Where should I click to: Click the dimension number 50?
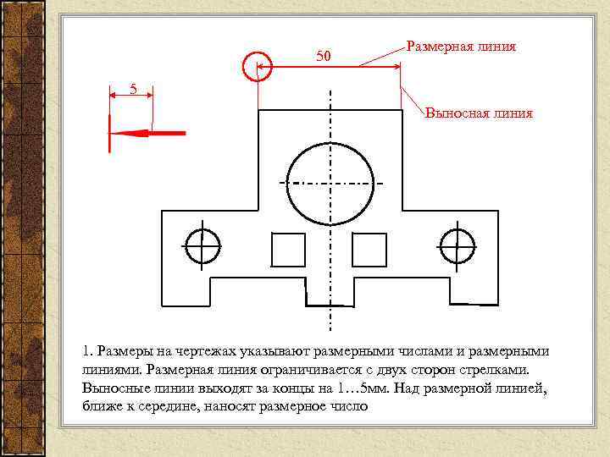coord(323,57)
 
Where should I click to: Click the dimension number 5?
coord(132,88)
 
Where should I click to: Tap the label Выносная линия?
coord(480,113)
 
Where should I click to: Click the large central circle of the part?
coord(330,184)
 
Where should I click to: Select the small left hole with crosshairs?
coord(202,245)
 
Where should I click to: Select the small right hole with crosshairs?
coord(457,245)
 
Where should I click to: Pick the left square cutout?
coord(288,250)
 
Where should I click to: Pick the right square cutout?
coord(369,250)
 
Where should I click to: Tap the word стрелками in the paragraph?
coord(499,369)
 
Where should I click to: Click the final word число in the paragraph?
coord(353,406)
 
